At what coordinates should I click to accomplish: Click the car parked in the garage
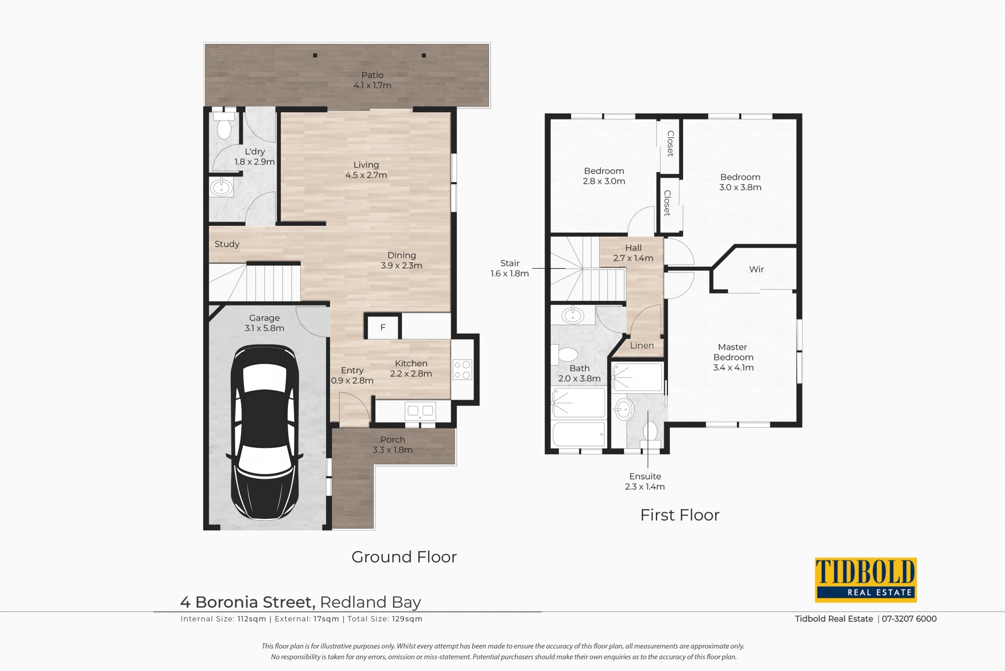click(x=264, y=432)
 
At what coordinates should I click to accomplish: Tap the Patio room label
click(x=372, y=75)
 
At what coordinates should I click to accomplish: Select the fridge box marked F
click(x=383, y=327)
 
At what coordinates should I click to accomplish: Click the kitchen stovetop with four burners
click(x=462, y=369)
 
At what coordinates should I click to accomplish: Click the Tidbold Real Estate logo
click(x=866, y=580)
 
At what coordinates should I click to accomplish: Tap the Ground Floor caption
click(x=404, y=556)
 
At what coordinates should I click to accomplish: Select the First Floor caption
click(x=680, y=515)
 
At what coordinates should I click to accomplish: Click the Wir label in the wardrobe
click(x=756, y=269)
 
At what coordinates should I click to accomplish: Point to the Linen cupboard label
click(x=642, y=345)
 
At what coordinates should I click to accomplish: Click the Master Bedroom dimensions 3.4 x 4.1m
click(x=733, y=368)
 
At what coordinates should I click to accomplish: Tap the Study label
click(x=227, y=244)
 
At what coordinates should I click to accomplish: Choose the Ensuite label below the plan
click(x=645, y=476)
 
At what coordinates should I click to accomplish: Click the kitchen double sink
click(x=420, y=411)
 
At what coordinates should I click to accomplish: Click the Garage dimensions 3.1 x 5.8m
click(x=264, y=328)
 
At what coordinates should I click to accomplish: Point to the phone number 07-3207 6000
click(x=909, y=619)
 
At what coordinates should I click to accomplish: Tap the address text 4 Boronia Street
click(x=248, y=602)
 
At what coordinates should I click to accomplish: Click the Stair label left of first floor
click(x=510, y=263)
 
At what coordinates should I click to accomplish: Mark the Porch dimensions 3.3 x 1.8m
click(x=393, y=450)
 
